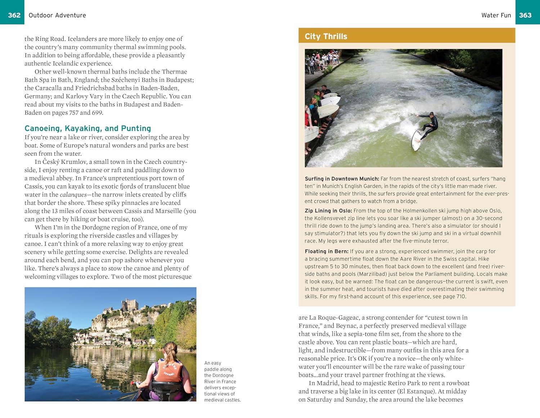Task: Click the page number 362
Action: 14,15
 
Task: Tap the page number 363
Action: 525,15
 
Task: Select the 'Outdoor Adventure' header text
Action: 57,15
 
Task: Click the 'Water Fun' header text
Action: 496,15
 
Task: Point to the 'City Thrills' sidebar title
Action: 326,36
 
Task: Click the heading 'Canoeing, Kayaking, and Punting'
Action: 87,128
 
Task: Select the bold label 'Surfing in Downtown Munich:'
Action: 342,179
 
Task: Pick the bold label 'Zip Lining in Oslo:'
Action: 328,211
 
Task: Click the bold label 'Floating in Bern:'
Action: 326,251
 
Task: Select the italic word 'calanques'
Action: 73,195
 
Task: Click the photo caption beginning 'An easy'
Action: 222,381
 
